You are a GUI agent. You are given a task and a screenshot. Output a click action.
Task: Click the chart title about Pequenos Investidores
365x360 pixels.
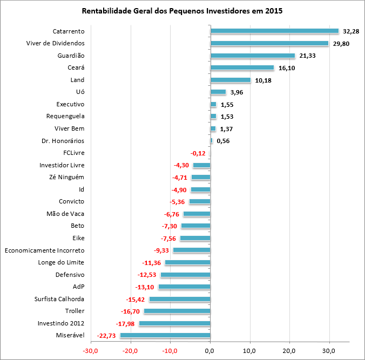click(x=182, y=11)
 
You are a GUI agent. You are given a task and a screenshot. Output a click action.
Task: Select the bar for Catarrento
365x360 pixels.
click(x=274, y=31)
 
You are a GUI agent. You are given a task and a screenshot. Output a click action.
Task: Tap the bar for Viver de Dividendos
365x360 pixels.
click(x=269, y=43)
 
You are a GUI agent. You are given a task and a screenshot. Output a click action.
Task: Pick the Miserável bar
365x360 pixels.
click(x=165, y=336)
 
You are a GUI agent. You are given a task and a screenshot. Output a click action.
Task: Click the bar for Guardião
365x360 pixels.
click(x=253, y=56)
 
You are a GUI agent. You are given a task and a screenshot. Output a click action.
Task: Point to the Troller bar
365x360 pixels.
click(x=177, y=311)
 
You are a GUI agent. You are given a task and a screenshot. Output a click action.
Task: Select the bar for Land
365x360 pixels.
click(x=231, y=80)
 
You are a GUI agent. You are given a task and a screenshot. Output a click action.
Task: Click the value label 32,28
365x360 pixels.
click(x=352, y=31)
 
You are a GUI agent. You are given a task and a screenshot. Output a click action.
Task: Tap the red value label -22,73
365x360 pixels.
click(x=106, y=336)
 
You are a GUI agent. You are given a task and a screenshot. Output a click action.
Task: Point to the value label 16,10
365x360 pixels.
click(x=287, y=68)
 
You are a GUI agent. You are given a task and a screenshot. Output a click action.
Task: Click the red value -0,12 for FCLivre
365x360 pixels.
click(x=199, y=153)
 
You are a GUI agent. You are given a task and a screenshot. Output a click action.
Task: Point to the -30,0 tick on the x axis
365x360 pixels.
click(x=90, y=350)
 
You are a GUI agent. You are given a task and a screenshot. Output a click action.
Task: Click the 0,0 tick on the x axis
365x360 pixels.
click(x=210, y=350)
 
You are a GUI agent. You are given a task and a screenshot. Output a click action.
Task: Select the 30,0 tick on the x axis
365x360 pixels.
click(x=329, y=350)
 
